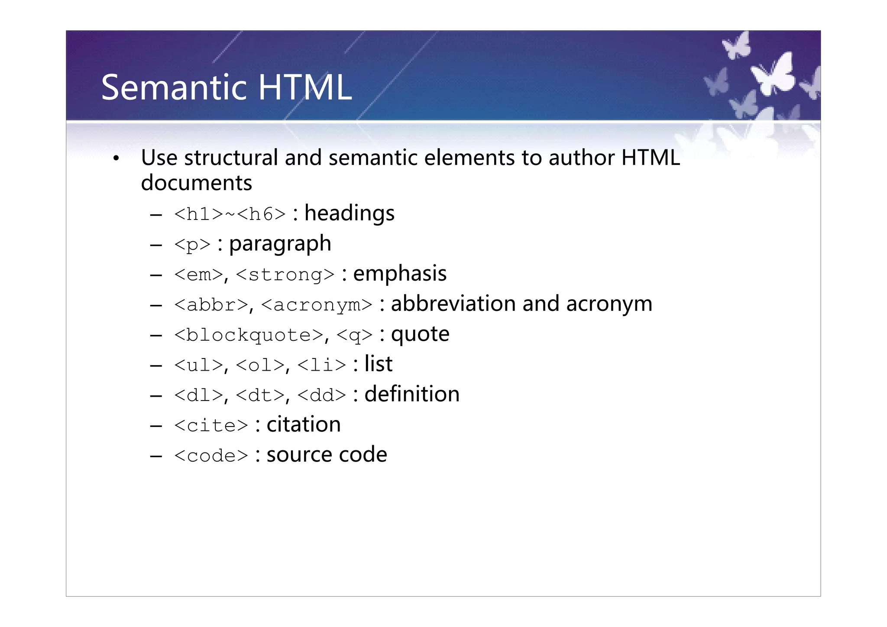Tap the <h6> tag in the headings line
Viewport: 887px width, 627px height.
pyautogui.click(x=261, y=214)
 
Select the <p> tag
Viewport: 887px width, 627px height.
pyautogui.click(x=192, y=244)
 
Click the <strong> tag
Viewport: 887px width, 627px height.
pyautogui.click(x=285, y=275)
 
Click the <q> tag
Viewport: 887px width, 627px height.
pyautogui.click(x=354, y=335)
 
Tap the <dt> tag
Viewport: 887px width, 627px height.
pyautogui.click(x=261, y=395)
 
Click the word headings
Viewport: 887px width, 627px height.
pyautogui.click(x=350, y=213)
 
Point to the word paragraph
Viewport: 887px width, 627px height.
pyautogui.click(x=280, y=244)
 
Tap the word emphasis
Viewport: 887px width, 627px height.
pyautogui.click(x=400, y=274)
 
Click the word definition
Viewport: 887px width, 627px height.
pyautogui.click(x=412, y=394)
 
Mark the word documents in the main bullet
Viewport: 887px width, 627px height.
pyautogui.click(x=197, y=183)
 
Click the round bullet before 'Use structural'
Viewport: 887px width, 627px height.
pyautogui.click(x=116, y=159)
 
